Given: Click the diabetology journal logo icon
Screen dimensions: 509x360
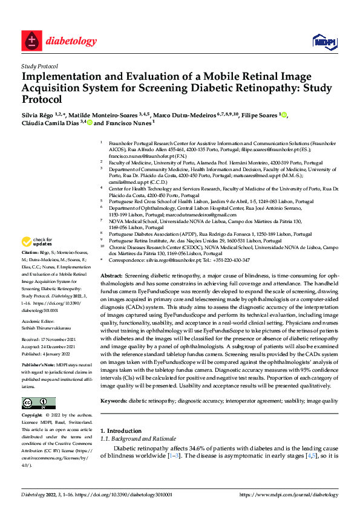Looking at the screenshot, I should point(30,42).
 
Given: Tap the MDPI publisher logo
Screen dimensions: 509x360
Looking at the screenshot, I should point(323,42).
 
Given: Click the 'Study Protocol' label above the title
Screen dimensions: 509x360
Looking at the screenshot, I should point(40,66).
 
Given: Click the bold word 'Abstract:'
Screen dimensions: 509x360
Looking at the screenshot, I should point(111,275).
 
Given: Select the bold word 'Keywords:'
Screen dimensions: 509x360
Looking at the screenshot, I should point(114,384).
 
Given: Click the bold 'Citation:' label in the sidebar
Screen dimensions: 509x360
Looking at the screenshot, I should point(30,251).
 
